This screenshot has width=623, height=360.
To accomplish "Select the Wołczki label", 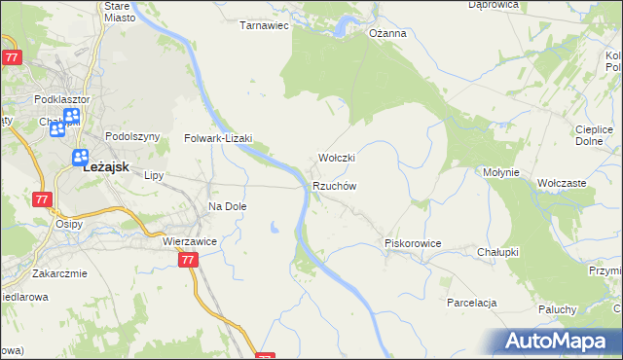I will coord(337,158).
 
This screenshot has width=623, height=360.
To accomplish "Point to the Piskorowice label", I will coord(414,243).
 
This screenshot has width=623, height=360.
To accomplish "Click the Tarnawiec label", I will coord(265,26).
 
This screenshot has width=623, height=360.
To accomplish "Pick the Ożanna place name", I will coord(386,33).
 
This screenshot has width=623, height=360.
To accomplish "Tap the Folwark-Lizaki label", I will coord(219,138).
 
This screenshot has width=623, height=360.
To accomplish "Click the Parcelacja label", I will coord(472,303).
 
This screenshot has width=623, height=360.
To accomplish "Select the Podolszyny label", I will coord(132,137).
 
